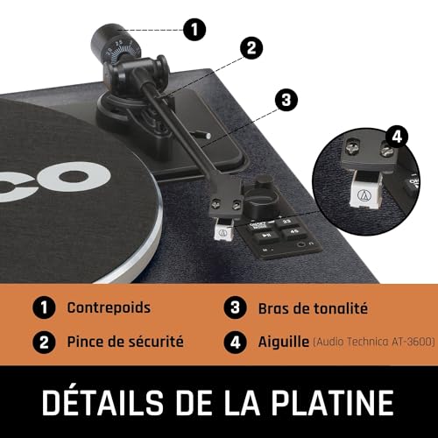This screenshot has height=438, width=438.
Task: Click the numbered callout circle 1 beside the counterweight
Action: tap(194, 30)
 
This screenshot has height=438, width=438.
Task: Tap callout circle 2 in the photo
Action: tap(251, 48)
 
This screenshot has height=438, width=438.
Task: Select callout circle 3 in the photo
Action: tap(286, 100)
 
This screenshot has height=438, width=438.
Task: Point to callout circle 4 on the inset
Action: tap(397, 137)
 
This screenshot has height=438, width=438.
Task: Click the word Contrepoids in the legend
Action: tap(109, 307)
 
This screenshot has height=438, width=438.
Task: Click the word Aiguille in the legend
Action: tap(284, 342)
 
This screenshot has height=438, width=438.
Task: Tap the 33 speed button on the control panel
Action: tap(286, 223)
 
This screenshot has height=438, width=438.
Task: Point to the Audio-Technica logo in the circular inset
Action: tap(362, 194)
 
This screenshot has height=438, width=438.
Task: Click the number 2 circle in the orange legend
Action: tap(44, 342)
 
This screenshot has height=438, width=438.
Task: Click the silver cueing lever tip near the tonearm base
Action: tap(208, 136)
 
